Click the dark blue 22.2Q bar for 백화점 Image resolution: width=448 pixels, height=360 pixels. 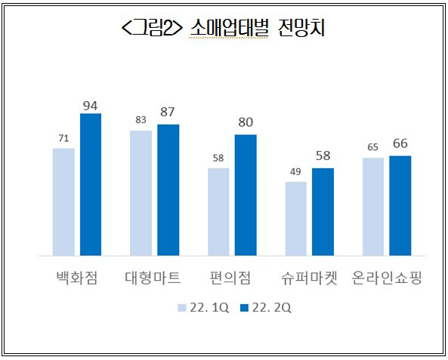(91, 184)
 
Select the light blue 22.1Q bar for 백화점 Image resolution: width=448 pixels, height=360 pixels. (63, 202)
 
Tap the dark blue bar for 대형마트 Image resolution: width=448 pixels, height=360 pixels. (168, 190)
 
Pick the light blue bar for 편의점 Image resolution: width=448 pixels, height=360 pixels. (218, 212)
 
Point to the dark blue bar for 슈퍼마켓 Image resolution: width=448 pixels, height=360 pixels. (323, 212)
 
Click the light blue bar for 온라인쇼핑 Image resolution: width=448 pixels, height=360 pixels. (373, 207)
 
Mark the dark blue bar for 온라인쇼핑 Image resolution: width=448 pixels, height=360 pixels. (400, 205)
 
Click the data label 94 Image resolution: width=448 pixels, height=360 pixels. (91, 106)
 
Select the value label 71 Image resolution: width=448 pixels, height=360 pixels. (63, 138)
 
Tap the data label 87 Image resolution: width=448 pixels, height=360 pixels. (168, 112)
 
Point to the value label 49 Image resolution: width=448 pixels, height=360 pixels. (295, 171)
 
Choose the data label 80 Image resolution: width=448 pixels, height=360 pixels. (246, 122)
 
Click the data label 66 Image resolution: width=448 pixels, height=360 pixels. (400, 143)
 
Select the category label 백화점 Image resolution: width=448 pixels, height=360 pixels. (77, 278)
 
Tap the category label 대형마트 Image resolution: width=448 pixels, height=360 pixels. (153, 278)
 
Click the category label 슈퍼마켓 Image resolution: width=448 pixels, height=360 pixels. (309, 278)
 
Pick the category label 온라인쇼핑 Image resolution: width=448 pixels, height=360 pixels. (387, 278)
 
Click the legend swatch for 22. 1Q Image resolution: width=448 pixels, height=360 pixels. (182, 308)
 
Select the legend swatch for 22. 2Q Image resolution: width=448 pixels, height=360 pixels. (244, 308)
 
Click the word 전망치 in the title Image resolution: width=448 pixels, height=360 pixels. (301, 28)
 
